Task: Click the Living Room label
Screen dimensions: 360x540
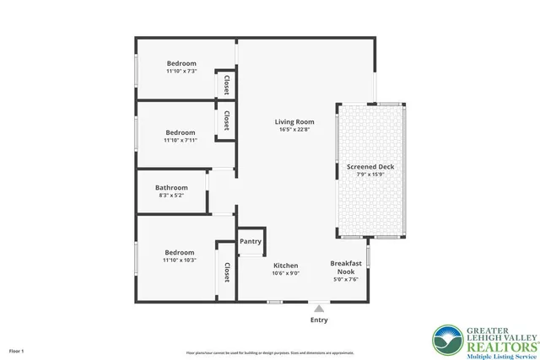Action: coord(294,121)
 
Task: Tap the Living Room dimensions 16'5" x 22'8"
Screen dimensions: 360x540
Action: coord(294,130)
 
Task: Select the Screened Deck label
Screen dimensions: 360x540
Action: coord(370,167)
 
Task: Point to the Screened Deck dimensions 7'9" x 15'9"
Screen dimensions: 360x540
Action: coord(370,175)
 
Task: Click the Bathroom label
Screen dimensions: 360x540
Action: coord(171,187)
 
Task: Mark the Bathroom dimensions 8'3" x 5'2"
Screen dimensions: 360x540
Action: coord(171,196)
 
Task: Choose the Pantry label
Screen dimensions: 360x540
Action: coord(251,241)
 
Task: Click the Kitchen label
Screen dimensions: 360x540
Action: coord(286,265)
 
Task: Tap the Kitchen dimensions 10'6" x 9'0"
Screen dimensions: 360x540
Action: coord(286,273)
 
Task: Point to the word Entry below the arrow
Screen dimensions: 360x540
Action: coord(319,320)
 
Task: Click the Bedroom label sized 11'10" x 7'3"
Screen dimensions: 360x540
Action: coord(181,64)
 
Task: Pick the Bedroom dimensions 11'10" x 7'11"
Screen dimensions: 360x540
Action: coord(181,141)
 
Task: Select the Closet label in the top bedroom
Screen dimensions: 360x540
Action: coord(227,85)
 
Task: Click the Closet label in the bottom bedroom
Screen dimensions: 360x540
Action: coord(227,271)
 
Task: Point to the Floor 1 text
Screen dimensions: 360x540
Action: coord(17,350)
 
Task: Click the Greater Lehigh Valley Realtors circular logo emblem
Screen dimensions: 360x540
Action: coord(446,341)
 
